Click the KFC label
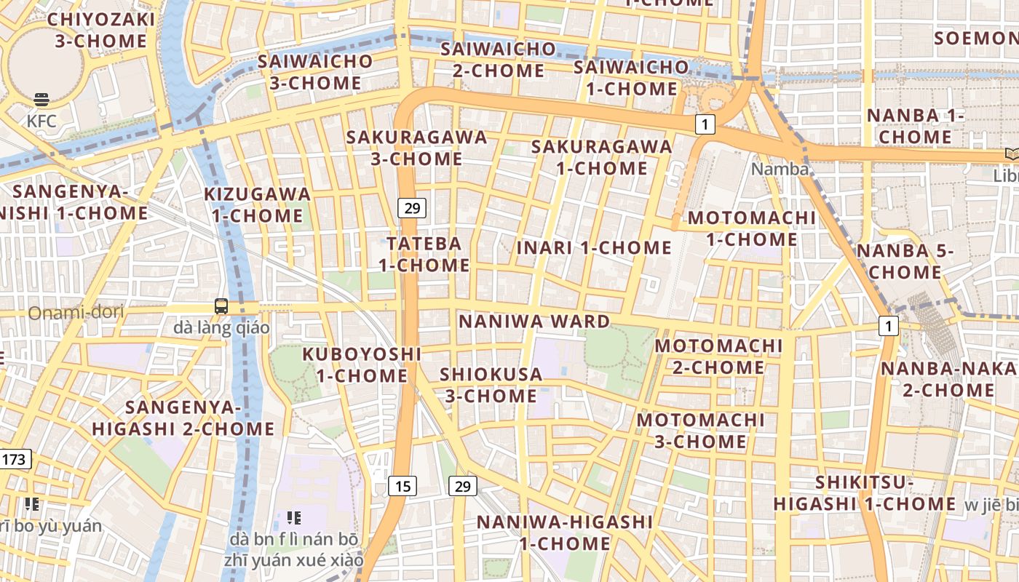41,121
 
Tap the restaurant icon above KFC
41,100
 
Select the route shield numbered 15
403,485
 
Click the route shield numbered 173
14,459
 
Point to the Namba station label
780,169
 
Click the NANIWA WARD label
534,322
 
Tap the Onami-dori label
76,313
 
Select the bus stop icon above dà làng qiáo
221,306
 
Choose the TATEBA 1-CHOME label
424,254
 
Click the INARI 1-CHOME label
594,247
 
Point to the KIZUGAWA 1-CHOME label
258,204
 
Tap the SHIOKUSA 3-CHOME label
491,385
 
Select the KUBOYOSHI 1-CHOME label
362,364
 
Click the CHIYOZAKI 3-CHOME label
101,30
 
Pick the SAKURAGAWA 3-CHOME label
416,148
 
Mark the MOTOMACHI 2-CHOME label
718,356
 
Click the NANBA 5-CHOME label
905,261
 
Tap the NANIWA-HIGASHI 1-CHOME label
565,532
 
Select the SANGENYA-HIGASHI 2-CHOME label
183,418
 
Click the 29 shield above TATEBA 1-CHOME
412,209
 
